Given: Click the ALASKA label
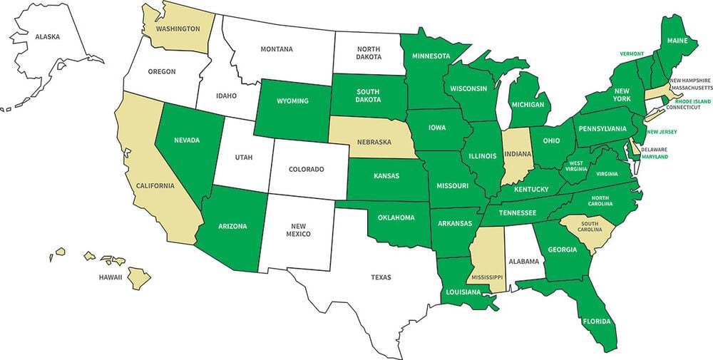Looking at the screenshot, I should click(47, 36).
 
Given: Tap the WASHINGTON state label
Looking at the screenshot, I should click(178, 29).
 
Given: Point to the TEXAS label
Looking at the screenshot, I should click(382, 277).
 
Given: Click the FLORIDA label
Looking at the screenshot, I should click(596, 321).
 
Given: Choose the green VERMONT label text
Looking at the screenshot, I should click(631, 54).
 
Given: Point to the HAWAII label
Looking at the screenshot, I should click(111, 277).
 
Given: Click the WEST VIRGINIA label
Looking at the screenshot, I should click(576, 167).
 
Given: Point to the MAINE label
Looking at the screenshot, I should click(678, 41).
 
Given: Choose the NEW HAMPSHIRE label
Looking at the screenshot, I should click(690, 80).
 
